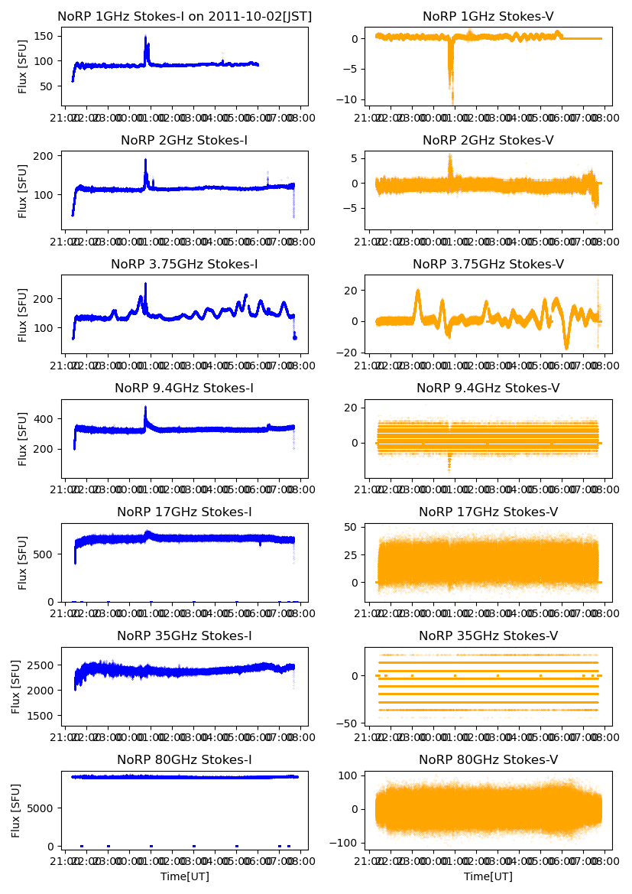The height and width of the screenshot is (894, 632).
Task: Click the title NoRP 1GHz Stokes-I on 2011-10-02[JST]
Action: coord(184,16)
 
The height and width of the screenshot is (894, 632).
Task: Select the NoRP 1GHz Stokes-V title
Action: coord(488,16)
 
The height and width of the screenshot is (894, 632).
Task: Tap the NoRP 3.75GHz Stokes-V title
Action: coord(488,264)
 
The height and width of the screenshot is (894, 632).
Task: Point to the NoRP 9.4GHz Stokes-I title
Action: coord(184,388)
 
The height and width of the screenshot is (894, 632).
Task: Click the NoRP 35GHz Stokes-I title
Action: coord(184,636)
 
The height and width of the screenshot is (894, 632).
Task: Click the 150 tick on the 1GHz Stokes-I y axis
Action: coord(46,36)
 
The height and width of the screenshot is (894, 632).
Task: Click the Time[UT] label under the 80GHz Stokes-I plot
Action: coord(184,876)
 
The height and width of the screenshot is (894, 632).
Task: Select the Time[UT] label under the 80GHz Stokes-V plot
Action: coord(488,876)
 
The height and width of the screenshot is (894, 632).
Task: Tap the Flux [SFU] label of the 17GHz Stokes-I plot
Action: coord(23,562)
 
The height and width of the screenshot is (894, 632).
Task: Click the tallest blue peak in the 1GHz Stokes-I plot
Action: coord(145,37)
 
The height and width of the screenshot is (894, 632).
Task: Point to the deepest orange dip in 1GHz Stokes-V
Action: coord(452,102)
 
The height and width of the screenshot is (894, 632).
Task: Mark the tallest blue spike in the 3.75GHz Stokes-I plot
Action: coord(145,284)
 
